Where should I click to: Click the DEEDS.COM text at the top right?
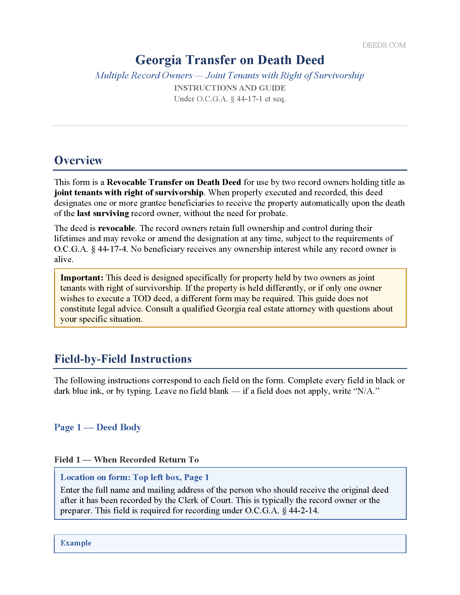click(x=384, y=45)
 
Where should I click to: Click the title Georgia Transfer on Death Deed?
click(x=230, y=60)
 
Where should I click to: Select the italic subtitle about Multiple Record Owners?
click(x=230, y=75)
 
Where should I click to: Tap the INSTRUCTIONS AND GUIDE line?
click(x=230, y=88)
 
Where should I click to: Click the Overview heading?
click(x=78, y=160)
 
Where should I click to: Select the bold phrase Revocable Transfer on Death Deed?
click(x=174, y=182)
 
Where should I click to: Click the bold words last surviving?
click(x=103, y=213)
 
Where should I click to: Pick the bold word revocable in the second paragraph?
click(x=116, y=228)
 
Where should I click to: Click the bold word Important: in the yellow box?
click(x=82, y=277)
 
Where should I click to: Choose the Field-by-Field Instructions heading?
click(x=123, y=359)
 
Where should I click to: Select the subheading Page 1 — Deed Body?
click(x=98, y=427)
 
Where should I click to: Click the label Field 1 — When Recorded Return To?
click(x=126, y=460)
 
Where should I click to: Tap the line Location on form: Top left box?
click(x=135, y=477)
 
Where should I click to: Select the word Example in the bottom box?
click(x=76, y=543)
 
